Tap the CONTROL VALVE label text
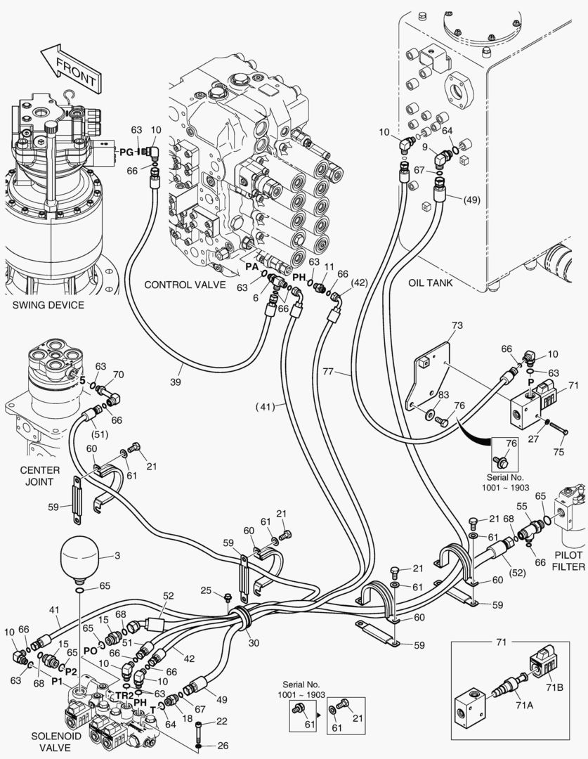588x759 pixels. click(185, 285)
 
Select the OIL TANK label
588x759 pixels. click(431, 283)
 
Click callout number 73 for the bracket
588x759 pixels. click(457, 326)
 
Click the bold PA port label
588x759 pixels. click(251, 267)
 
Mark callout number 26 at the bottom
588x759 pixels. click(223, 746)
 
